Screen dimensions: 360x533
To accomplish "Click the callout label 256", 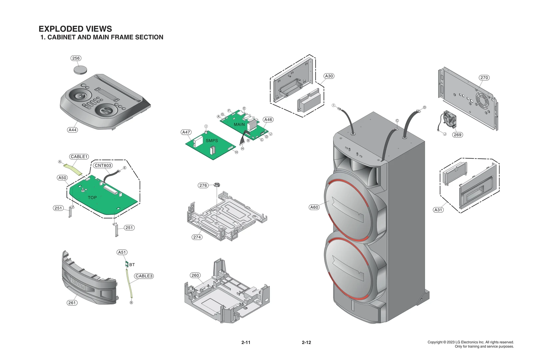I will (76, 58).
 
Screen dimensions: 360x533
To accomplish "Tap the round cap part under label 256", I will (80, 70).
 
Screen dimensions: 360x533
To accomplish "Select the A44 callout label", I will (72, 130).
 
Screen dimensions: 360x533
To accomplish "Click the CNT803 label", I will (103, 165).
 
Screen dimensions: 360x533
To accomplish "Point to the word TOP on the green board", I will (92, 198).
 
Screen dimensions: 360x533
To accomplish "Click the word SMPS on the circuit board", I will (212, 141).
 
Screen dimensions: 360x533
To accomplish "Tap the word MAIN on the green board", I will (239, 124).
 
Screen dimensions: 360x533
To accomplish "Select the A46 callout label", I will (268, 120).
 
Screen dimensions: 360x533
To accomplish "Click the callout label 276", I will (203, 185).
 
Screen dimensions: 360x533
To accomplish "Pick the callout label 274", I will (197, 237).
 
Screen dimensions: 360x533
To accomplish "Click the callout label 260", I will (195, 275).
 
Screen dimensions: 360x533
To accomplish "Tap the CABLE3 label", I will (144, 276).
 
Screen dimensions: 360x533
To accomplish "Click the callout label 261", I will (72, 303).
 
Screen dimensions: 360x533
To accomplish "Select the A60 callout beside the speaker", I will (314, 207).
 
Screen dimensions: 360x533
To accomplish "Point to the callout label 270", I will (484, 78).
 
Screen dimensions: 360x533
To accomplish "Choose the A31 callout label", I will (438, 210).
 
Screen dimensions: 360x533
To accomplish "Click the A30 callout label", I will (329, 76).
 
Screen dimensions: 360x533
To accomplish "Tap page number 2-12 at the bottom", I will (306, 342).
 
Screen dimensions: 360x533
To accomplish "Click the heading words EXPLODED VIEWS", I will (75, 29).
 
